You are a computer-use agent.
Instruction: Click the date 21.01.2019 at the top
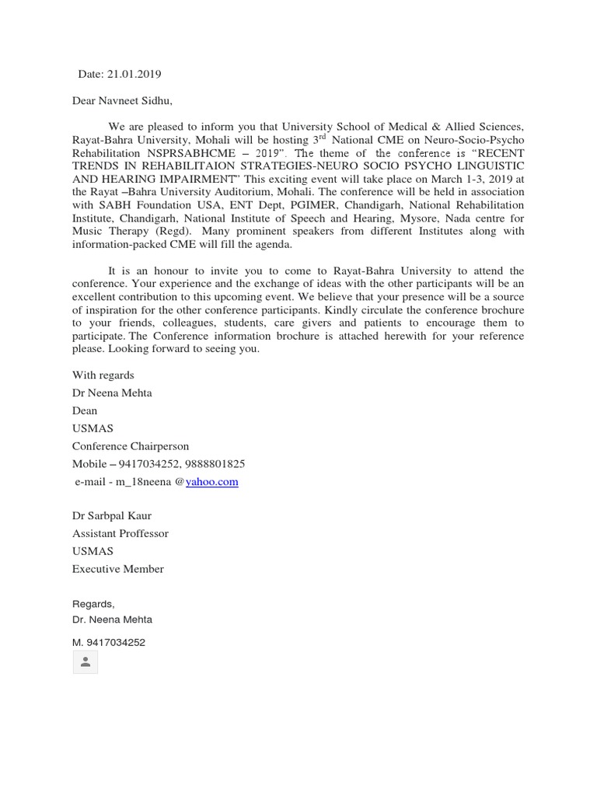133,75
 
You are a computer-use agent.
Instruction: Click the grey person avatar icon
85,662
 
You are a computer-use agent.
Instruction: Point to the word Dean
85,410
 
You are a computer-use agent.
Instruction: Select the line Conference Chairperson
131,446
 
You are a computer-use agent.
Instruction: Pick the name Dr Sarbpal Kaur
112,515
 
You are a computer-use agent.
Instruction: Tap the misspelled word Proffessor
144,533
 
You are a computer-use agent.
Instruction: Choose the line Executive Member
118,569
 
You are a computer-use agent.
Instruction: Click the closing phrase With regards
103,375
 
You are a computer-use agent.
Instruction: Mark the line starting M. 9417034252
109,643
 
